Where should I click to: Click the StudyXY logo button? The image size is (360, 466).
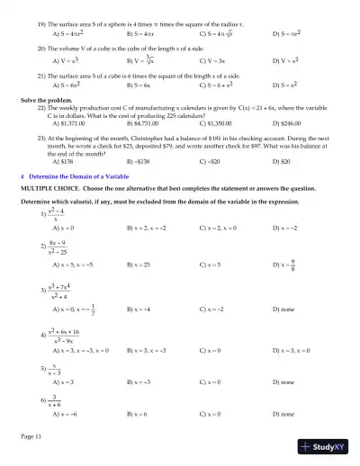tap(328, 446)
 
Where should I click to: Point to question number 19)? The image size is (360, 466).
tap(41, 18)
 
